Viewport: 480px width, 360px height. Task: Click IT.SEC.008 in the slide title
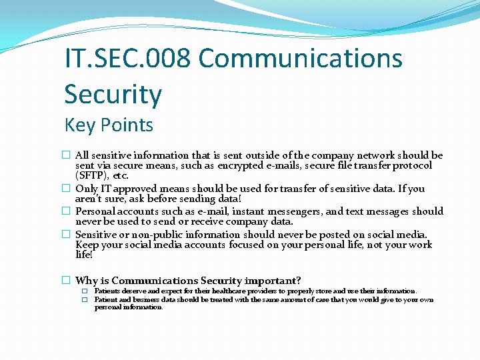pyautogui.click(x=127, y=59)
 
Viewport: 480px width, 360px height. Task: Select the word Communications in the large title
pyautogui.click(x=300, y=59)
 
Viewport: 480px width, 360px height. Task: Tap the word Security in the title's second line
pyautogui.click(x=113, y=94)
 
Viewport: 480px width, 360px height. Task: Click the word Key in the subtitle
pyautogui.click(x=80, y=125)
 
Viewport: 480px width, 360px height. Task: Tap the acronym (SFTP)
pyautogui.click(x=93, y=175)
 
